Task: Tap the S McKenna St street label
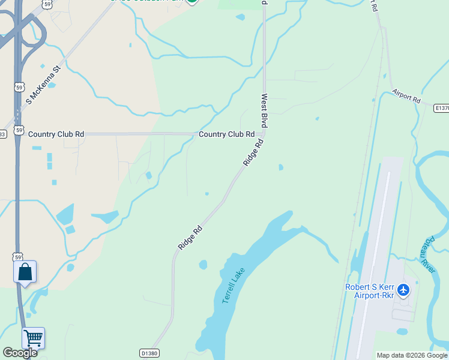[43, 85]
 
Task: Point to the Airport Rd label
[406, 97]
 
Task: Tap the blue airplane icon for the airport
[403, 290]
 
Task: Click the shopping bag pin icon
[25, 272]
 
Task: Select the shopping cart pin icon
[34, 338]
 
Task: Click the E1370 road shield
[442, 108]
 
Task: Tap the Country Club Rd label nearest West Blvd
[226, 134]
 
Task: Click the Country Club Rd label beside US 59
[56, 134]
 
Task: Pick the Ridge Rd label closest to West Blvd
[253, 153]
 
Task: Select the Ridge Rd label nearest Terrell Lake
[190, 237]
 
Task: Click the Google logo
[20, 352]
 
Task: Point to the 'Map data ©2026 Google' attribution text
[412, 355]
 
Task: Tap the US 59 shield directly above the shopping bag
[19, 256]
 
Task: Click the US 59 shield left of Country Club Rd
[19, 130]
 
